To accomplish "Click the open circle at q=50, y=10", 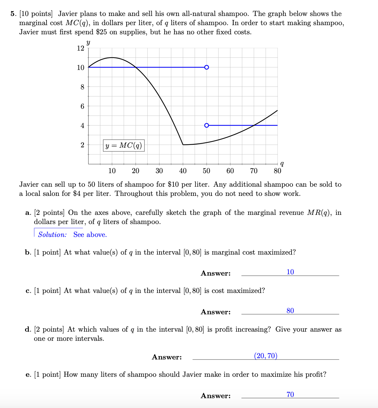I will tap(207, 67).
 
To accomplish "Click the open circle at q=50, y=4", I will tap(207, 125).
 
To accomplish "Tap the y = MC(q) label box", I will tap(124, 146).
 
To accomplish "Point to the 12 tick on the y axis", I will tap(80, 48).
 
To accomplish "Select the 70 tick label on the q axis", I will tap(253, 171).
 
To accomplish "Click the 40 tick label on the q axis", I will tap(183, 171).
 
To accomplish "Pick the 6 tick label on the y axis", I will tap(82, 106).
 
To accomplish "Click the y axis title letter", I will tap(88, 42).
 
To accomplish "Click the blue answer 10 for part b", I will tap(290, 272).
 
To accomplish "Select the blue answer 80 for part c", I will tap(290, 311).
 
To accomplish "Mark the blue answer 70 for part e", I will tap(290, 394).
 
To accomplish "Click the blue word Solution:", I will tap(52, 235).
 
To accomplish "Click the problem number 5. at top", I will tap(13, 14).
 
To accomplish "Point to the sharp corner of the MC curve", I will tap(183, 145).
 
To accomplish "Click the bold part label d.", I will tap(28, 330).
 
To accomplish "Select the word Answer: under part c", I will tap(215, 312).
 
